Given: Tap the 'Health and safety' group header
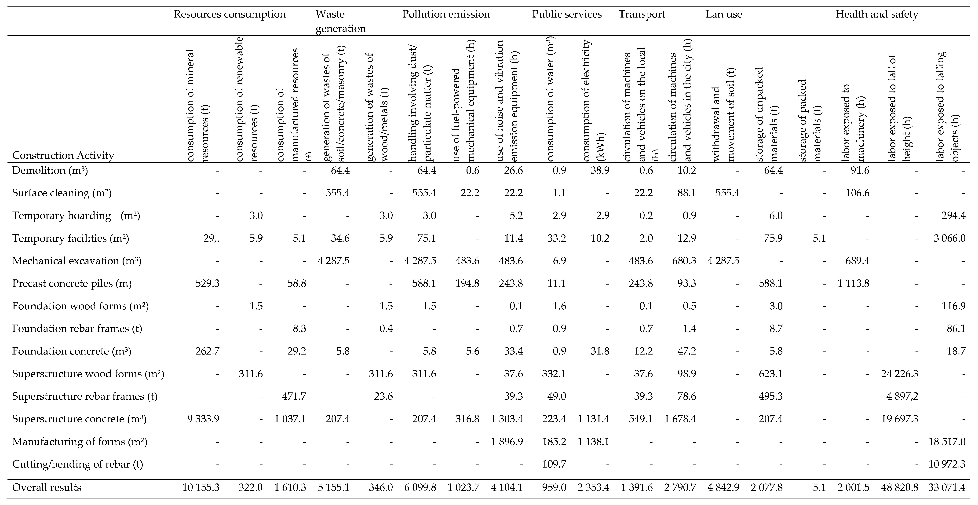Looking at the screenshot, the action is coord(877,15).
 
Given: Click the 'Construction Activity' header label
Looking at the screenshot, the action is coord(63,155).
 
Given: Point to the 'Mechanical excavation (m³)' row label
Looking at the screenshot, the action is coord(77,261).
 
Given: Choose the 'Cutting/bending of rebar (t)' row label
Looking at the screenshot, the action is coord(77,464).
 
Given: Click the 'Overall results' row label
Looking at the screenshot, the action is coord(47,487).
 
